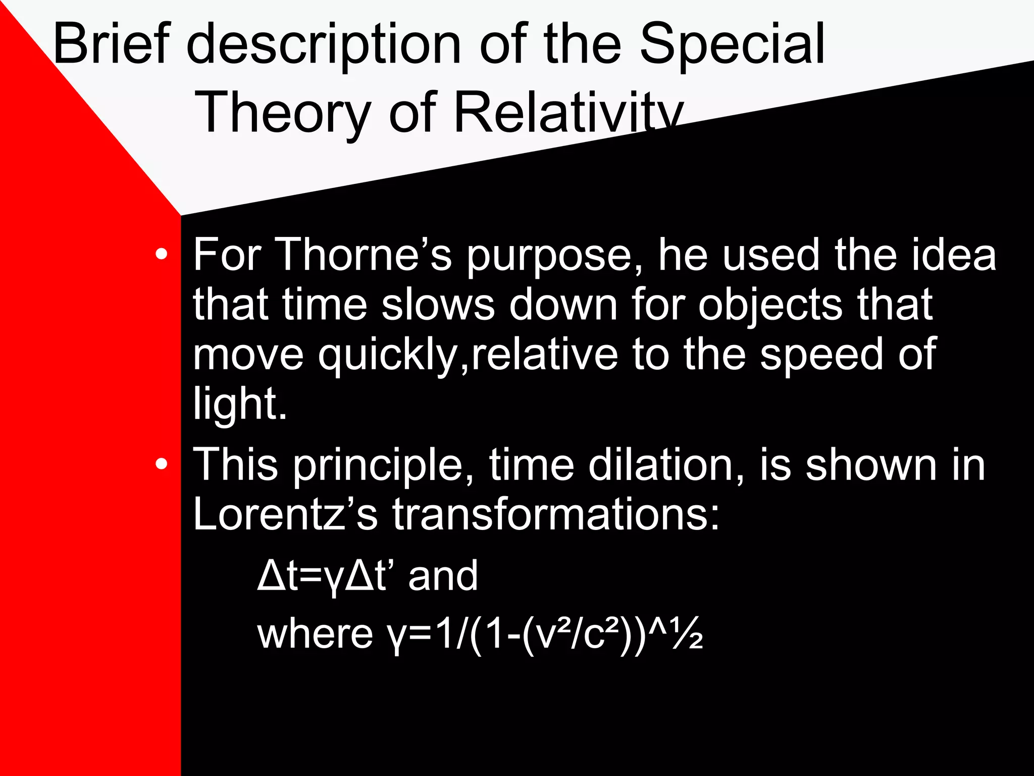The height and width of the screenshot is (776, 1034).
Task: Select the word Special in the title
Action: tap(732, 45)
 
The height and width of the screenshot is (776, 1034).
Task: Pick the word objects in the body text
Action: tap(770, 306)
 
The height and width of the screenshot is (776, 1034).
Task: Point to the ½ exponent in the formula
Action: tap(689, 634)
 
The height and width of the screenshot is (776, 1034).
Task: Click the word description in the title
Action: tap(323, 45)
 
